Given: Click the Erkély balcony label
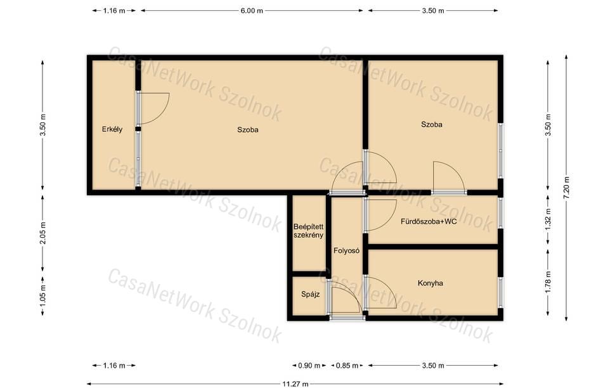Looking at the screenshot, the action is (112, 129).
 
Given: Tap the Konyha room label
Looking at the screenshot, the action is (431, 283).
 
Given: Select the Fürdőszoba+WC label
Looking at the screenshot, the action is (429, 221).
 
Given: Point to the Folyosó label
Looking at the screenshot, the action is (346, 250).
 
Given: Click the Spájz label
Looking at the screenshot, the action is (310, 295).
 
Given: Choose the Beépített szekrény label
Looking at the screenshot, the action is (308, 231).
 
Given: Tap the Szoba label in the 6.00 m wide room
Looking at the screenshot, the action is (248, 129).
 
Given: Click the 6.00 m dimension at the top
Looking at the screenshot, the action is (252, 11).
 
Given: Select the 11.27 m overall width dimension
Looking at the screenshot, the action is (295, 384).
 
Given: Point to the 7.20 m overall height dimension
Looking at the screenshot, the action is (566, 187).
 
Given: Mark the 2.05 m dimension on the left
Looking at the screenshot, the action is (42, 233).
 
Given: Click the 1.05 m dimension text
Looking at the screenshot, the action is (42, 295).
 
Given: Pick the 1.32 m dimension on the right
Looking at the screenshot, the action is (548, 219).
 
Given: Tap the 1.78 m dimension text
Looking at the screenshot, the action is (548, 282).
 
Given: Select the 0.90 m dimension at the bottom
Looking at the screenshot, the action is (309, 365).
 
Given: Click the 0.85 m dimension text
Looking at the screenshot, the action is (347, 365).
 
